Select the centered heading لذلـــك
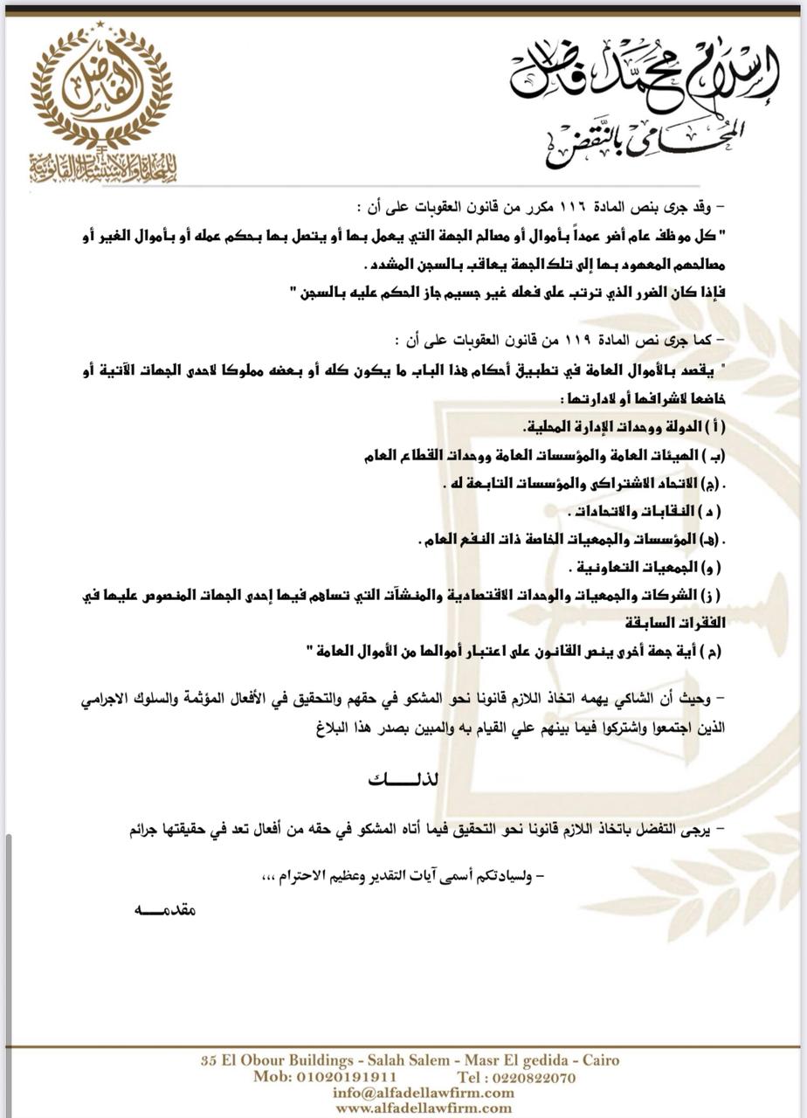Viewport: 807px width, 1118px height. (403, 779)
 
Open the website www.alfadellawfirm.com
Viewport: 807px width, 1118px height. (410, 1108)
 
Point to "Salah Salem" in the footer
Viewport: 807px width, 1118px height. (403, 1060)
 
